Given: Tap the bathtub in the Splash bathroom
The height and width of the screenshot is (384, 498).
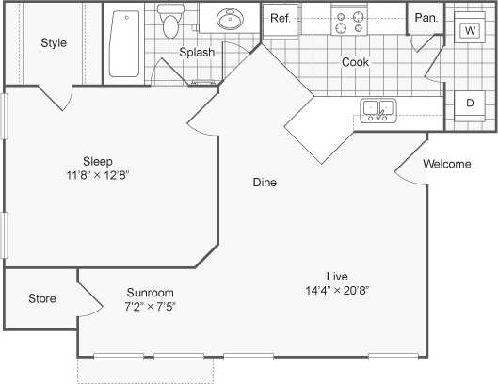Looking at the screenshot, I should pyautogui.click(x=123, y=43).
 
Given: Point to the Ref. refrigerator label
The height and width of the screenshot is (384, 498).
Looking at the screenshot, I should pyautogui.click(x=280, y=18).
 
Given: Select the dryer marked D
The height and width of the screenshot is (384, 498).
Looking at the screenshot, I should pyautogui.click(x=469, y=104).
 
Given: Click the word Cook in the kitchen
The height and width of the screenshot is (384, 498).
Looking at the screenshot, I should pyautogui.click(x=355, y=63).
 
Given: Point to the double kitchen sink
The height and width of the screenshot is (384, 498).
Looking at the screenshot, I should pyautogui.click(x=378, y=110).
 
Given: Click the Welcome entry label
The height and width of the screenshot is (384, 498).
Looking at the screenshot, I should pyautogui.click(x=446, y=165).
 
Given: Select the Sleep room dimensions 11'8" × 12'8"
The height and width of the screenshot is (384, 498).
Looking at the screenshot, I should pyautogui.click(x=97, y=175).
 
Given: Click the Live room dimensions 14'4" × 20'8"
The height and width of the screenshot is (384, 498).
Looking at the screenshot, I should pyautogui.click(x=336, y=291).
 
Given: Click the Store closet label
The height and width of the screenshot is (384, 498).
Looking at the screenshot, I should pyautogui.click(x=41, y=299).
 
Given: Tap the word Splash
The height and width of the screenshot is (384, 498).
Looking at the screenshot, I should pyautogui.click(x=197, y=53).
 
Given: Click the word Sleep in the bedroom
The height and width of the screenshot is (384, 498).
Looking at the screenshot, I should pyautogui.click(x=97, y=160).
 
